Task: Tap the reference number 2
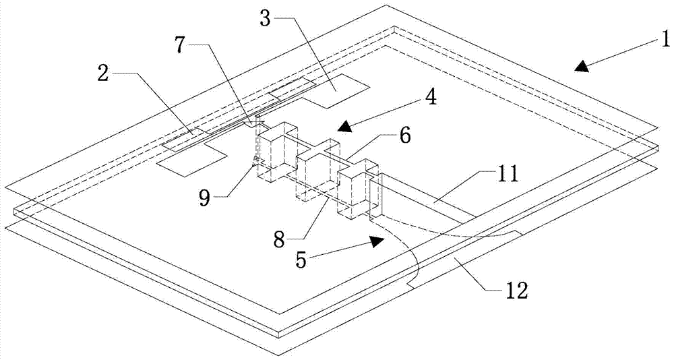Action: [x=103, y=74]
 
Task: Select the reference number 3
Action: [x=266, y=18]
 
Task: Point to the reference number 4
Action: [x=430, y=98]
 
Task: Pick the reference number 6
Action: [x=404, y=136]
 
